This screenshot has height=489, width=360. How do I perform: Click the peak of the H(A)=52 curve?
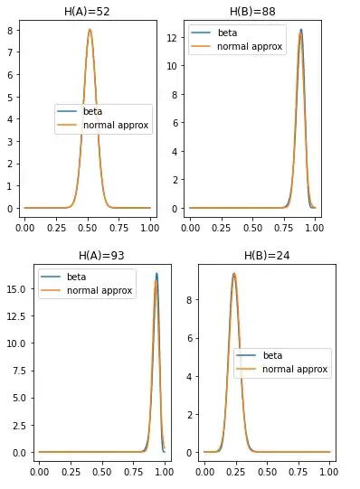(90, 29)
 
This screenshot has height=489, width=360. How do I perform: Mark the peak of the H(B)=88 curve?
(301, 30)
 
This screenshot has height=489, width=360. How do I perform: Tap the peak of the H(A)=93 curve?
(156, 274)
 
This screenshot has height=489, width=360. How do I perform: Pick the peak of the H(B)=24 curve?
(234, 274)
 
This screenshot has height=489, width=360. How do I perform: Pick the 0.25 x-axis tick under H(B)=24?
(236, 467)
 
